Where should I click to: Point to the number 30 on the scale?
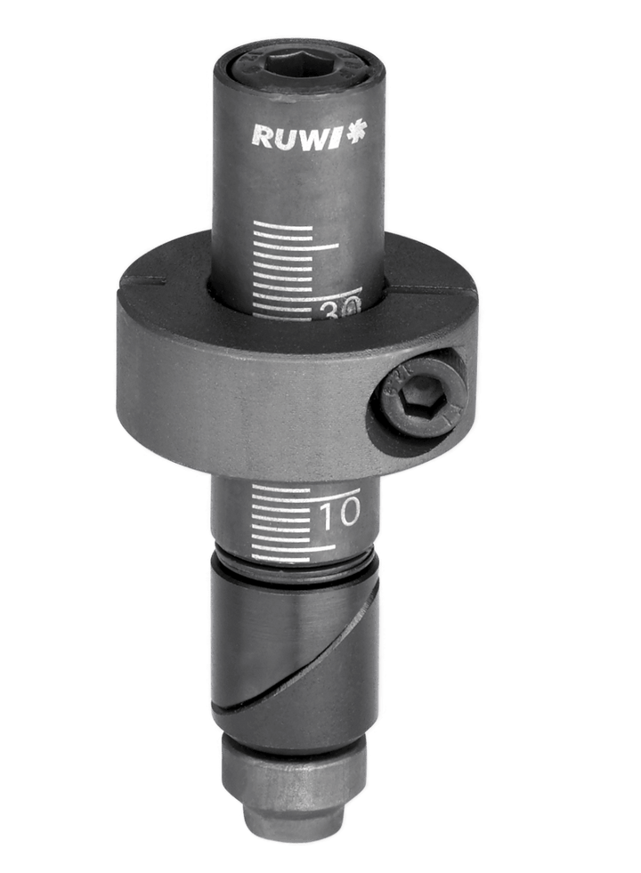pos(340,307)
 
